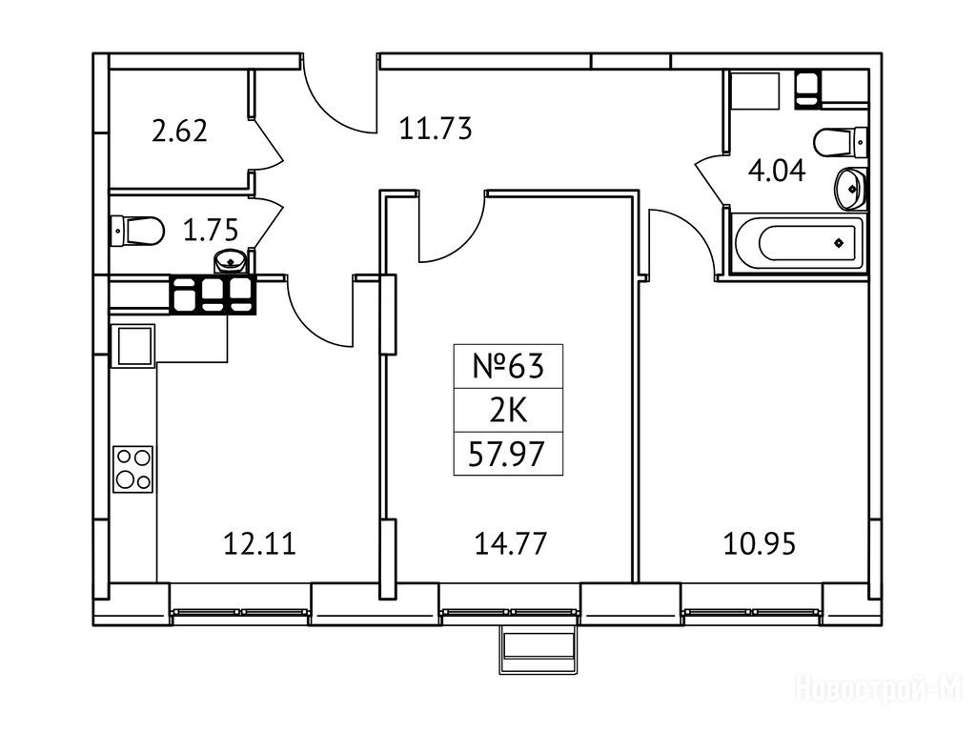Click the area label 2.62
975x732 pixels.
(181, 131)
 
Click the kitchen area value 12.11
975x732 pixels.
(258, 545)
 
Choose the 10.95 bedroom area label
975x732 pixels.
(760, 545)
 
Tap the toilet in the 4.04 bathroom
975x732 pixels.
(843, 142)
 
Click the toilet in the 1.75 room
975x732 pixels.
(135, 230)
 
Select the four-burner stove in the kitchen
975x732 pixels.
(133, 468)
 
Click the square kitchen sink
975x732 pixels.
(133, 345)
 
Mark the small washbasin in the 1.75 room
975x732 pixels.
(232, 260)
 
